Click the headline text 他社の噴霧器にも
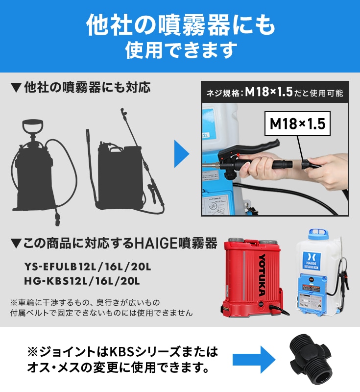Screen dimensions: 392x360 click(180, 24)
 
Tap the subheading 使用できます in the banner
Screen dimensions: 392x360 click(180, 50)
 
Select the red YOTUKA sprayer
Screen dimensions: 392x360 click(253, 278)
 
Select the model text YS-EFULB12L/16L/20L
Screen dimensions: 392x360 click(88, 268)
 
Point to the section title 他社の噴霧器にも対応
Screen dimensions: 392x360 click(80, 88)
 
